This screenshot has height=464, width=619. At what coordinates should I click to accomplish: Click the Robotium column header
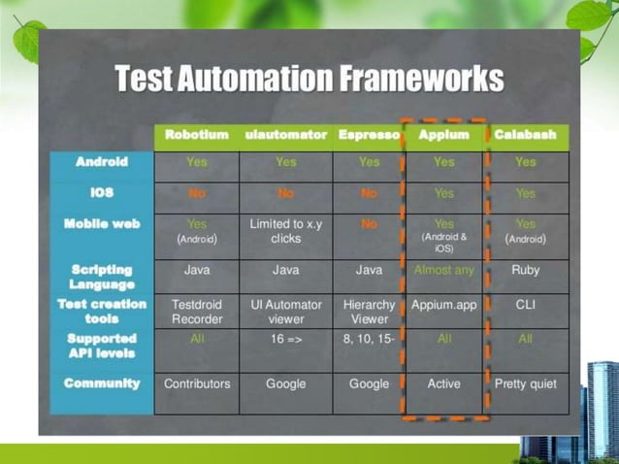[197, 135]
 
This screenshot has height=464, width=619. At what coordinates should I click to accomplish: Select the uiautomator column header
[285, 135]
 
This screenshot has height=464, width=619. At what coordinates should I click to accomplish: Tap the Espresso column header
[369, 135]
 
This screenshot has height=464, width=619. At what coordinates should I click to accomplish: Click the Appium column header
[443, 135]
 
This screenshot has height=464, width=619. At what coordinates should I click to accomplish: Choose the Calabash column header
[525, 135]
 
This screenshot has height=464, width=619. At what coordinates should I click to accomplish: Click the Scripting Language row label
[101, 277]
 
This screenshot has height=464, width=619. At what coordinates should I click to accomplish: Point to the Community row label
[101, 383]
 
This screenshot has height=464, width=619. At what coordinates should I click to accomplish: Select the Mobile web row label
[101, 223]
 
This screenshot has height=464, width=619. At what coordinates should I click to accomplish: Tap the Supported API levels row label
[101, 347]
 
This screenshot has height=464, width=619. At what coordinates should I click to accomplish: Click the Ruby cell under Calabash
[525, 270]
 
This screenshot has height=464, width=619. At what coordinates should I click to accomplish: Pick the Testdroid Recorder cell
[197, 312]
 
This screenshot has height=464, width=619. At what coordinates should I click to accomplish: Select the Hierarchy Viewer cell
[369, 312]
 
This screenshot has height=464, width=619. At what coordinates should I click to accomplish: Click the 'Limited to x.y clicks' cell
[285, 230]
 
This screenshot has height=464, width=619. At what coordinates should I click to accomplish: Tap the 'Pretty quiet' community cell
[525, 383]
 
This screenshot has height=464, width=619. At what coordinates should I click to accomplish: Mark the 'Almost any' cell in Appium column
[443, 270]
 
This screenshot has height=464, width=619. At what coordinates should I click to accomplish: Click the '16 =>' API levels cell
[285, 340]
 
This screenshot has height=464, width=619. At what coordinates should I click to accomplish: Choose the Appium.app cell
[443, 305]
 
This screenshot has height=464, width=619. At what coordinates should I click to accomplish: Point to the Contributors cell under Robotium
[197, 383]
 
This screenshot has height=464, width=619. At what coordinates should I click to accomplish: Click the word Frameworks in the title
[420, 79]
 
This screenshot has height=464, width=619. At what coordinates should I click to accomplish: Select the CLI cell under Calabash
[525, 305]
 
